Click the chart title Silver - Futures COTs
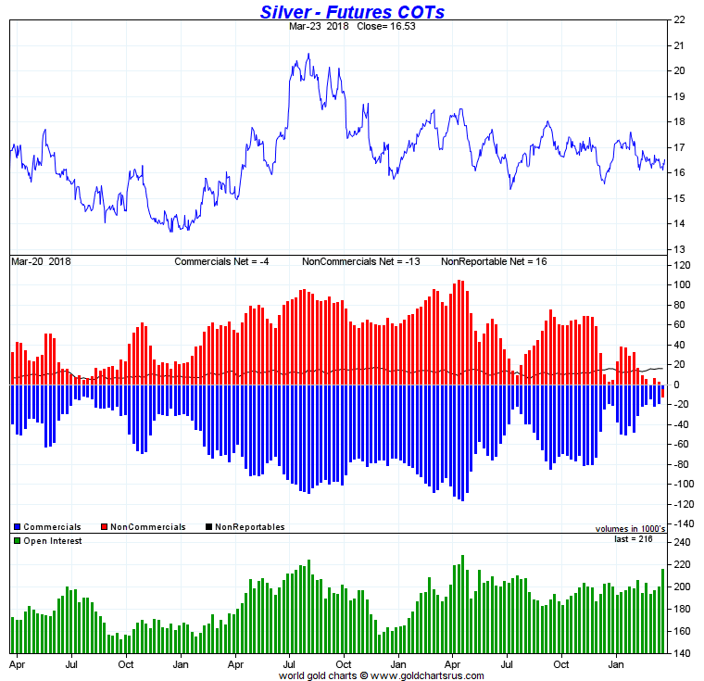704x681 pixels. pos(352,11)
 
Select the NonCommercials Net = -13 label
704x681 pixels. pos(361,262)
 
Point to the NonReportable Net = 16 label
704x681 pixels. pos(494,262)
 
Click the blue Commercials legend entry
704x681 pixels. pos(51,527)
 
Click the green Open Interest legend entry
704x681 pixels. pos(51,540)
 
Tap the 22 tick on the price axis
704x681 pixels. pos(679,19)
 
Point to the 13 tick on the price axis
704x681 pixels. pos(679,249)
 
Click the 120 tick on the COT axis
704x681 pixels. pos(682,265)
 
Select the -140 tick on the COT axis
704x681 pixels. pos(682,524)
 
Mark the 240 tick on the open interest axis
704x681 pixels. pos(682,543)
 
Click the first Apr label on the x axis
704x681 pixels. pos(17,665)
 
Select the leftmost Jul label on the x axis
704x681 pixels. pos(70,665)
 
